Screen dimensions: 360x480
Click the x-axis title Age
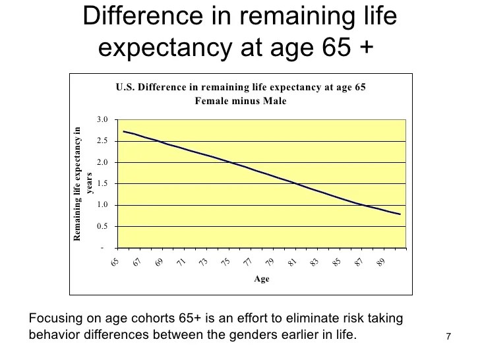click(x=262, y=280)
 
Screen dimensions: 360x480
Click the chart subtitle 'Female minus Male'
click(x=240, y=101)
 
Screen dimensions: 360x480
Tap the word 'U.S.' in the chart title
click(x=127, y=88)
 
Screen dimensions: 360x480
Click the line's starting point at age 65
click(x=124, y=131)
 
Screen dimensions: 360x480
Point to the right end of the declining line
click(x=400, y=214)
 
